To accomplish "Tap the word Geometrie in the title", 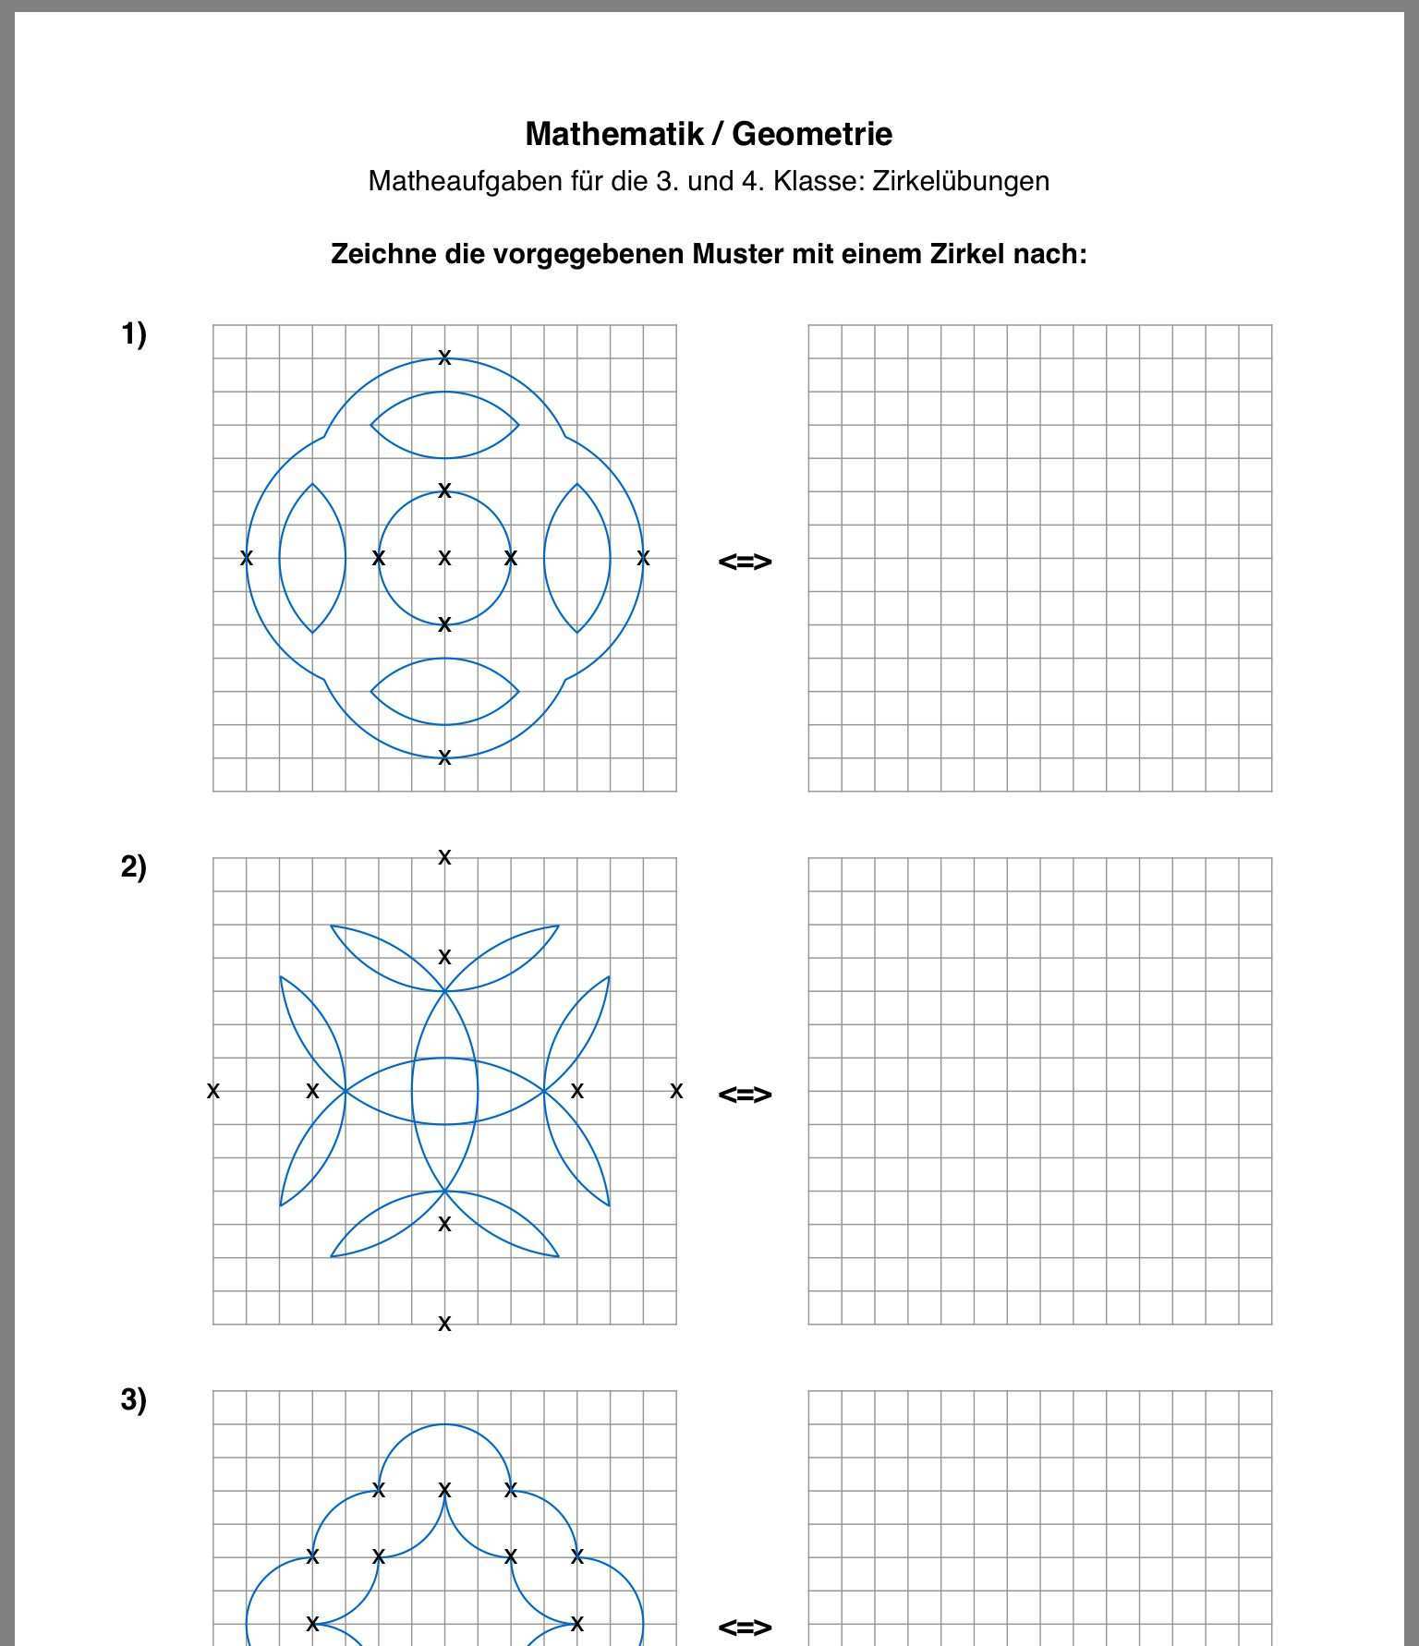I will [812, 134].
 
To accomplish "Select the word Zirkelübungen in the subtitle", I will [961, 181].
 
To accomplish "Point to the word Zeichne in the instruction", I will [383, 254].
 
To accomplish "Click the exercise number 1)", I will [134, 333].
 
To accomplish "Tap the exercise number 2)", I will [134, 866].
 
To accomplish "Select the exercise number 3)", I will [134, 1399].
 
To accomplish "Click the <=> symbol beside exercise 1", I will [745, 561].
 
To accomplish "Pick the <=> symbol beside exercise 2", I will [745, 1094].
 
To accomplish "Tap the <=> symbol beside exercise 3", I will [745, 1626].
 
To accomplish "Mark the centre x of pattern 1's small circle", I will [444, 558].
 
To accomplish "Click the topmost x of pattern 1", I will [444, 357].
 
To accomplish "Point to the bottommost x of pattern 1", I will [444, 757].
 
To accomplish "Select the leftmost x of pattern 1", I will [246, 558].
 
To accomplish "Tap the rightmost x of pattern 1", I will [643, 558].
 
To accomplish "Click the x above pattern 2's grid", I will [444, 857].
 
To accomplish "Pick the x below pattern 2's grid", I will [444, 1324].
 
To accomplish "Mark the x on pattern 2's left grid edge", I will [213, 1091].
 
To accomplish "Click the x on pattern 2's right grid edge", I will [676, 1091].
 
